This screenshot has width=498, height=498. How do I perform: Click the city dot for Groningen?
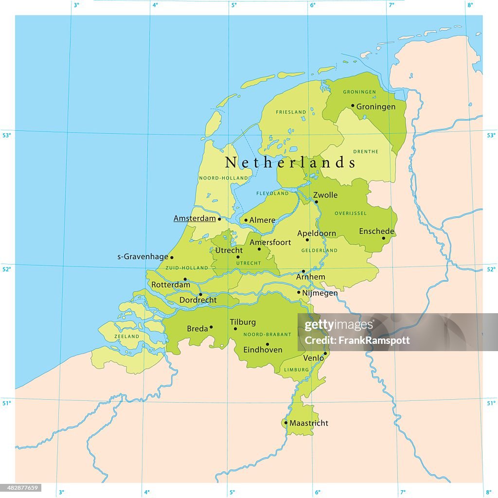353,106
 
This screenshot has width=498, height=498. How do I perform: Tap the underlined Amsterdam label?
195,219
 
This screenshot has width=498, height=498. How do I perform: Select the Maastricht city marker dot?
285,423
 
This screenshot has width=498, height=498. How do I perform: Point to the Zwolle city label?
325,195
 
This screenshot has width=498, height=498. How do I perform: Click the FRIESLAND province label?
291,112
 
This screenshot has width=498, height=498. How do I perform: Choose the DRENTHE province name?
366,151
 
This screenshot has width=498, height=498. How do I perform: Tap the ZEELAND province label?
127,336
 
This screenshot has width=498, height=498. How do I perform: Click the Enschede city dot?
383,238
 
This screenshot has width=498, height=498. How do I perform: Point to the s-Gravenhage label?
143,257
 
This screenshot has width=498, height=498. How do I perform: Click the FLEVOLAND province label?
272,193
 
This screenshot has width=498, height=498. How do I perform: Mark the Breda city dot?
211,327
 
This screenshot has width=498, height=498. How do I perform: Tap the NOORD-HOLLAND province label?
217,178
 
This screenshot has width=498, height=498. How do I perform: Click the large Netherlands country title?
290,162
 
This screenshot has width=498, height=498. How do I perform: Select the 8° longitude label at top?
470,5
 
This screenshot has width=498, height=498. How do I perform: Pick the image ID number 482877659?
21,488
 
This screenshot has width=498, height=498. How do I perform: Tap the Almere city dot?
246,220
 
